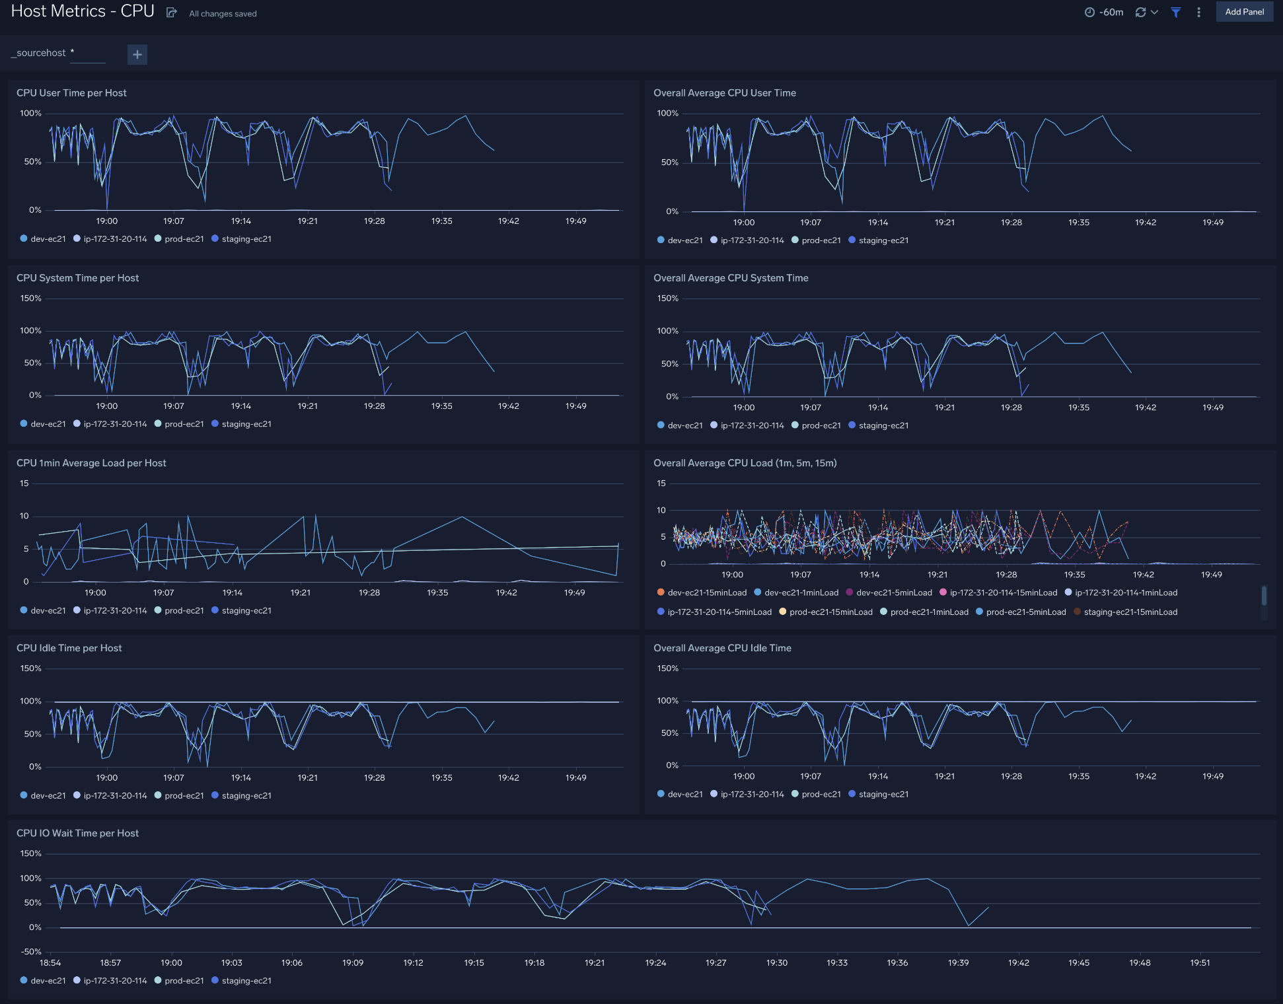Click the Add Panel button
1244,12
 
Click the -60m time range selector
1104,13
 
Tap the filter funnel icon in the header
1176,13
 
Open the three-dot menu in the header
1198,13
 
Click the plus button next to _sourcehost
137,54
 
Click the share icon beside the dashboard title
171,13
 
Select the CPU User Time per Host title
71,93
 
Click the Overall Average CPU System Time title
731,278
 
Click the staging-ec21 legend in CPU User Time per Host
246,239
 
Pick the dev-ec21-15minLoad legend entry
706,592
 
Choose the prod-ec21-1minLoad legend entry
929,612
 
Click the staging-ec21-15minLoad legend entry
1130,612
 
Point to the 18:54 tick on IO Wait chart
50,963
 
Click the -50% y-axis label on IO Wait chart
31,952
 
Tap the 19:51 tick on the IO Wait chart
1200,963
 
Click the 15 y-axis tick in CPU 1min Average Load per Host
24,484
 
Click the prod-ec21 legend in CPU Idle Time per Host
184,796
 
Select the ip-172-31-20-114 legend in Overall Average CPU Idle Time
752,795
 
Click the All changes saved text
223,14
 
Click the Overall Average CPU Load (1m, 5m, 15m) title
745,463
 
